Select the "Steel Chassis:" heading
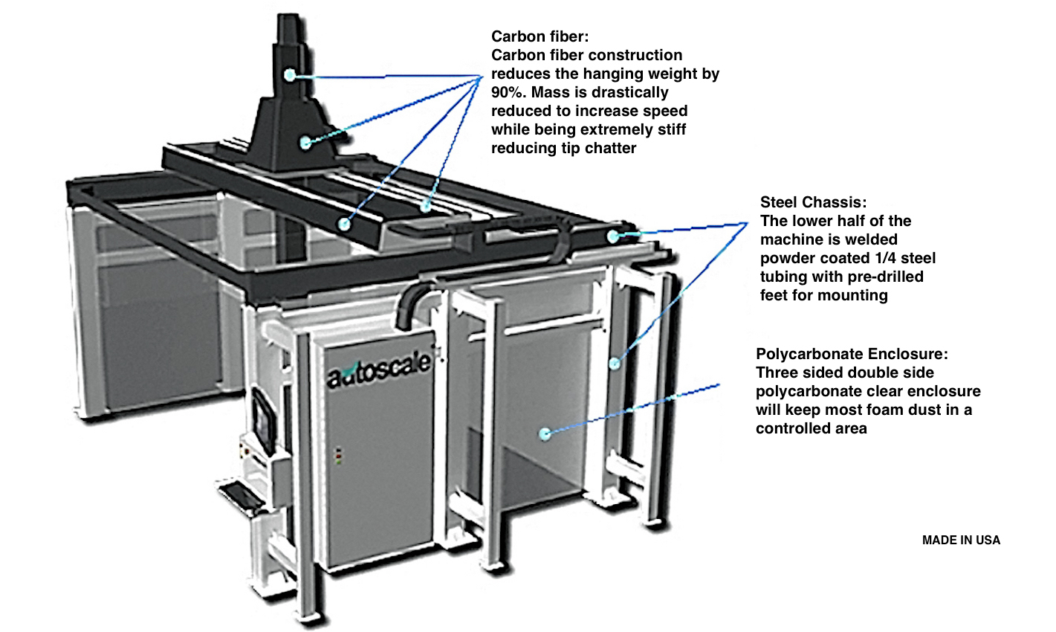pos(813,202)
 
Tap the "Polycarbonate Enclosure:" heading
pos(852,354)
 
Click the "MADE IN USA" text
pos(961,541)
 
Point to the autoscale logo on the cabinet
pos(379,370)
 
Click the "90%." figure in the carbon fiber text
pos(511,92)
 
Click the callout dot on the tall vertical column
pos(289,74)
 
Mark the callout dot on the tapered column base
pos(305,143)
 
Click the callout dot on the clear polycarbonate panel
pos(545,433)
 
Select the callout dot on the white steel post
pos(615,363)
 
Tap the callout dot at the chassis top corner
pos(613,236)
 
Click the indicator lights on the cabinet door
pos(340,454)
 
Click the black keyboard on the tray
pos(242,494)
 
